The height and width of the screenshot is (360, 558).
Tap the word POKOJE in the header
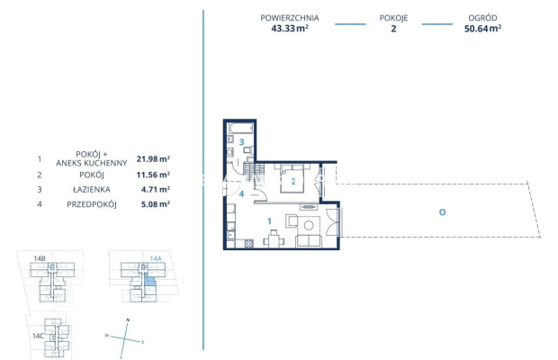point(393,17)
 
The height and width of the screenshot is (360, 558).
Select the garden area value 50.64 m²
point(483,28)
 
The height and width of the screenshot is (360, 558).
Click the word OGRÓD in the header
point(483,17)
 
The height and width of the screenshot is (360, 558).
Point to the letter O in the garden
point(442,211)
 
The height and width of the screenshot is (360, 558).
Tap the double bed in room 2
point(294,179)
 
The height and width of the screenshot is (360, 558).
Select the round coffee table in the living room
point(309,226)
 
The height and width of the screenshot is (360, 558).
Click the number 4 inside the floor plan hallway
point(241,193)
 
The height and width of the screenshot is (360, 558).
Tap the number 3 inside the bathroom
point(241,142)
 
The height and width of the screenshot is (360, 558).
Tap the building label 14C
point(37,335)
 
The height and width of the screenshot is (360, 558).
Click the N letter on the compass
point(129,320)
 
